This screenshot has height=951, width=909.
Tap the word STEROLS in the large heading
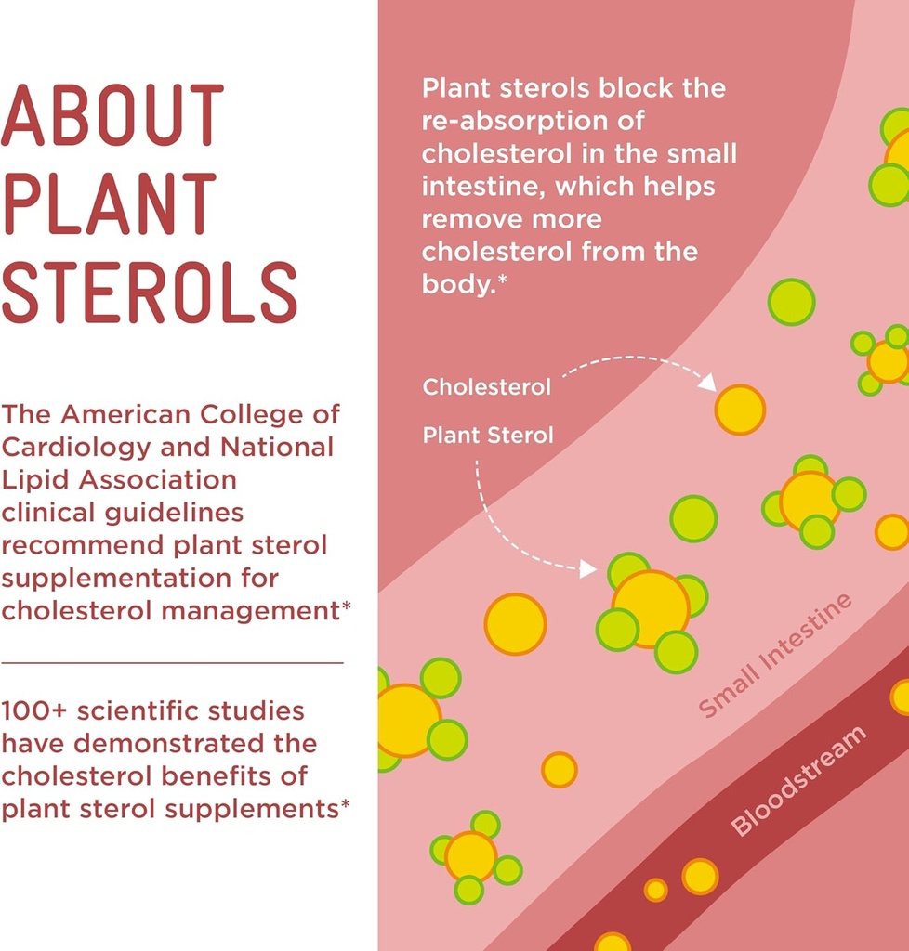pyautogui.click(x=149, y=293)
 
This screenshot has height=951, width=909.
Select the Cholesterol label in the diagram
pyautogui.click(x=487, y=387)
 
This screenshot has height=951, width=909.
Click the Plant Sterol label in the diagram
pyautogui.click(x=488, y=435)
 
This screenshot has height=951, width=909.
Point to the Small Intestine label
pyautogui.click(x=775, y=656)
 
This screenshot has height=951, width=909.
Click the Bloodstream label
pyautogui.click(x=798, y=781)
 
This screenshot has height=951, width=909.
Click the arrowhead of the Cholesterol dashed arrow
pyautogui.click(x=707, y=382)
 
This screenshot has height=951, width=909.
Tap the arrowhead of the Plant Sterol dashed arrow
pyautogui.click(x=587, y=568)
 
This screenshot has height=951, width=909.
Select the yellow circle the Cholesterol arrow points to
pyautogui.click(x=740, y=410)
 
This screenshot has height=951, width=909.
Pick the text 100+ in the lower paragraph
pyautogui.click(x=34, y=710)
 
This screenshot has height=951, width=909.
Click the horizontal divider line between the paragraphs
pyautogui.click(x=172, y=663)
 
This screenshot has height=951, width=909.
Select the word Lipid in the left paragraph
pyautogui.click(x=33, y=479)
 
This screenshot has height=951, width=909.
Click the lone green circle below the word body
pyautogui.click(x=791, y=302)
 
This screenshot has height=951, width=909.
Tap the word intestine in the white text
pyautogui.click(x=483, y=186)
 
